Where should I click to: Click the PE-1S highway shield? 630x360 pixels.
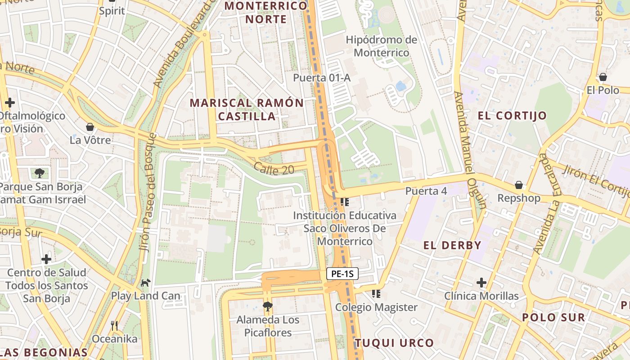tap(342, 274)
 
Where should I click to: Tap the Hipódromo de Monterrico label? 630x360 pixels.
tap(381, 46)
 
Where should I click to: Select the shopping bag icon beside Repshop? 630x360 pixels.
tap(518, 185)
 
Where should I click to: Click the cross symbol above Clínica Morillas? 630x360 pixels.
tap(481, 283)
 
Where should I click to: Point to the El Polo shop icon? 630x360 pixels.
tap(603, 77)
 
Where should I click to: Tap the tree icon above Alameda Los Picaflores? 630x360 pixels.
tap(267, 306)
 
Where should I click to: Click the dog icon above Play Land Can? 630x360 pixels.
tap(145, 283)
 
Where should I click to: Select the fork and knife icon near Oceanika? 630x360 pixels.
tap(114, 325)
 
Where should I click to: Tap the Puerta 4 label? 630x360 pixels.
tap(426, 191)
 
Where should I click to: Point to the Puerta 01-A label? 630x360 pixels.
tap(321, 78)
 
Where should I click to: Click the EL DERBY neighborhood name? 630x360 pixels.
tap(452, 245)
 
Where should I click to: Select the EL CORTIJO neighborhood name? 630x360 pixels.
tap(512, 116)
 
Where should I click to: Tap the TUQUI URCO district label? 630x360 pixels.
tap(394, 343)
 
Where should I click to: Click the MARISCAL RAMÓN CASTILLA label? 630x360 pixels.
tap(247, 109)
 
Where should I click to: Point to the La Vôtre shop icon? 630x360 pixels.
tap(90, 127)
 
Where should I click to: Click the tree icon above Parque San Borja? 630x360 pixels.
tap(40, 173)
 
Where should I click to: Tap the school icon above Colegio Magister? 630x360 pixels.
tap(376, 294)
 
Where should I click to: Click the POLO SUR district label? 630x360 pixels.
tap(553, 317)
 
